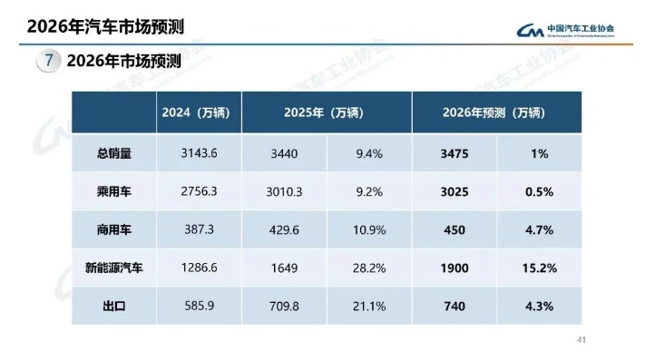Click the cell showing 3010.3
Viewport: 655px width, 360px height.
click(x=286, y=192)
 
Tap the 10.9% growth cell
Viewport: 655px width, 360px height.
click(x=369, y=230)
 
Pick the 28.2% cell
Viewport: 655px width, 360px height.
click(x=369, y=268)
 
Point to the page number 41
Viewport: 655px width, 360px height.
click(x=582, y=341)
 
